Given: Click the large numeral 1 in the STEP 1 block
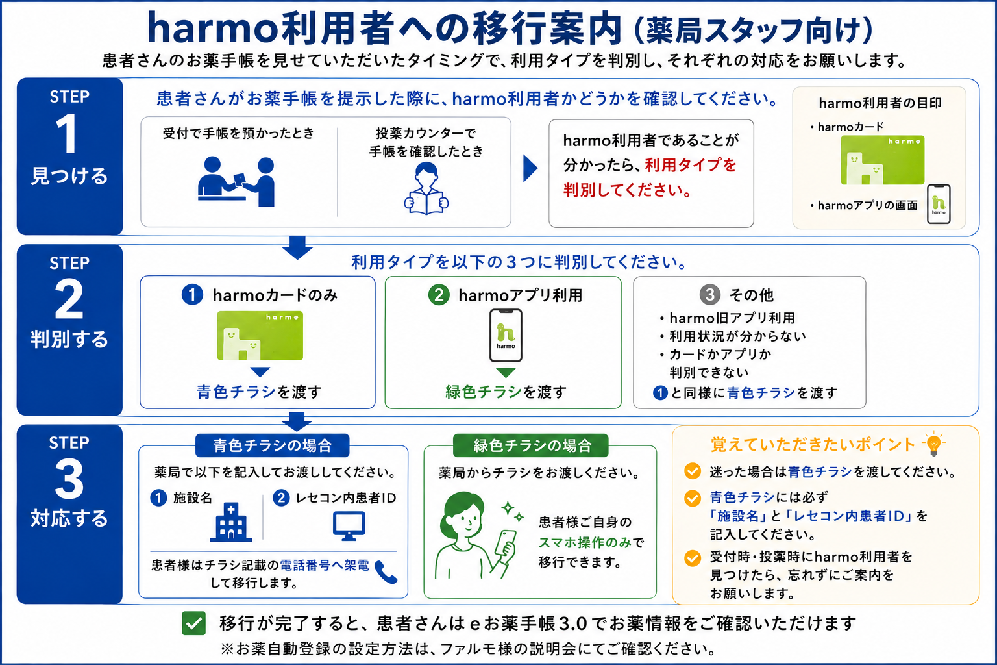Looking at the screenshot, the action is coord(68,133).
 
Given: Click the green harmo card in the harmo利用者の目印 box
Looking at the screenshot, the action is coord(882,160).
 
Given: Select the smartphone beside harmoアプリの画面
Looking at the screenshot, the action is coord(939,204).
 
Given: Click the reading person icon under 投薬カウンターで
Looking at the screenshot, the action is coord(426,188).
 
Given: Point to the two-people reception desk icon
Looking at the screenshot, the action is coord(236,182).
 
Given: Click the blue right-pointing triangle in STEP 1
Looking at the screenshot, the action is coord(530,168).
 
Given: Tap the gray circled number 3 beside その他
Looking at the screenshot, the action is coord(709,294).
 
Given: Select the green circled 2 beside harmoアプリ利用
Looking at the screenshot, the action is coord(438,295).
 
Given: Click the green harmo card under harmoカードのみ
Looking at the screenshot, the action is coord(260,335).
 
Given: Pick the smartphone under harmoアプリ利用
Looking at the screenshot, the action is coord(506,335).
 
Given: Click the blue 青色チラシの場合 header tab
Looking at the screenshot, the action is coord(273,445).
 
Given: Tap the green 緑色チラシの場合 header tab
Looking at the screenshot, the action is coord(530,445).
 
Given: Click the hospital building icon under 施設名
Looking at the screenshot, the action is coord(231,522).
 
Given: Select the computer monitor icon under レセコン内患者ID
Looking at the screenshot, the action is coord(349,525).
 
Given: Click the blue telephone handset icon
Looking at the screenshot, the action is coord(386,572).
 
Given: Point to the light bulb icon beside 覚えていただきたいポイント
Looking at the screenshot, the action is coord(934,444).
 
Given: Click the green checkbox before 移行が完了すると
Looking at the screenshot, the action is coord(193,623).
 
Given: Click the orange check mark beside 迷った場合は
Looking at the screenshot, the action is coord(693,471).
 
